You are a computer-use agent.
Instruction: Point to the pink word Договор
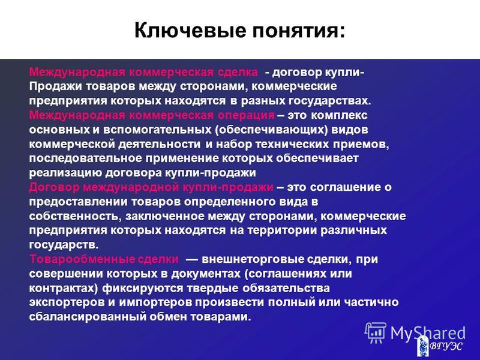(x=54, y=188)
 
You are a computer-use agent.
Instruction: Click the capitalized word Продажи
(x=55, y=86)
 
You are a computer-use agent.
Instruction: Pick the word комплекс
(x=339, y=115)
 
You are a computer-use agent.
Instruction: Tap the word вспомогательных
(x=157, y=130)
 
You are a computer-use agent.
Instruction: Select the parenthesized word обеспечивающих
(x=272, y=130)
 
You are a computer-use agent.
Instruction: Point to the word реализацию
(x=65, y=173)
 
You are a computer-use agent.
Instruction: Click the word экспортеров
(x=67, y=302)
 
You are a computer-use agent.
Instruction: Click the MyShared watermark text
(x=428, y=333)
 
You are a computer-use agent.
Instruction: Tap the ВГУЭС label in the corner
(x=446, y=346)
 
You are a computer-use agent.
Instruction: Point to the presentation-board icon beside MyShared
(x=376, y=332)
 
